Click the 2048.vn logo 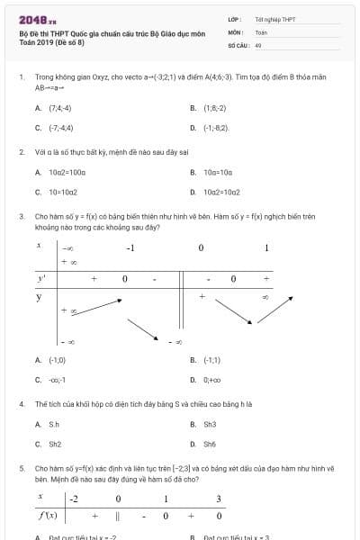(x=36, y=19)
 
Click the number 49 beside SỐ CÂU (x=258, y=44)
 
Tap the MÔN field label (x=235, y=31)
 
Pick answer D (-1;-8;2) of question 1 (x=215, y=128)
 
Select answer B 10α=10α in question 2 (x=217, y=171)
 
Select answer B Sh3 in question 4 (x=210, y=423)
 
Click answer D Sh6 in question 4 (x=210, y=444)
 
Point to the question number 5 (x=22, y=468)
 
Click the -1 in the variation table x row (x=130, y=247)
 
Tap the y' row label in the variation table (x=41, y=278)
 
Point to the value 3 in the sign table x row (x=219, y=499)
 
